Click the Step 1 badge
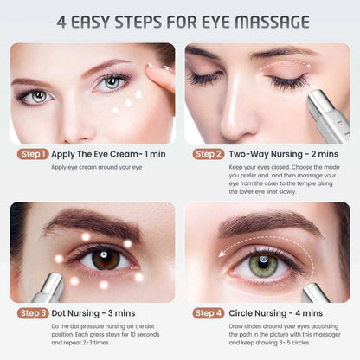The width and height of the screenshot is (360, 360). coord(33,154)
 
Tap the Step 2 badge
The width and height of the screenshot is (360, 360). coord(209,154)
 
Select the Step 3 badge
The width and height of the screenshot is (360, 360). coord(33,313)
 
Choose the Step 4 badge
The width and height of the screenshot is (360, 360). coord(209,313)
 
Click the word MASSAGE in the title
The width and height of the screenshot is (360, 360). coord(272,22)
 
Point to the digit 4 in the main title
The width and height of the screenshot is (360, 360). coord(61,22)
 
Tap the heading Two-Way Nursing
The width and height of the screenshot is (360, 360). coord(266,154)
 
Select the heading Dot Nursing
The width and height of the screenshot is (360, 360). coord(75,313)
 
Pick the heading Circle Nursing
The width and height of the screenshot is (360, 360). coord(258,313)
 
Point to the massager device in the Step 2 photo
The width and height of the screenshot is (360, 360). coord(329,115)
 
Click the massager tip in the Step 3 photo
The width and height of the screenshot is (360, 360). coord(55,280)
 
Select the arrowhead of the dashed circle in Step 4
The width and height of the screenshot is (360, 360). coord(222,254)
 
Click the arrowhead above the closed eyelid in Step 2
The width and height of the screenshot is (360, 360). coord(309,66)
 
